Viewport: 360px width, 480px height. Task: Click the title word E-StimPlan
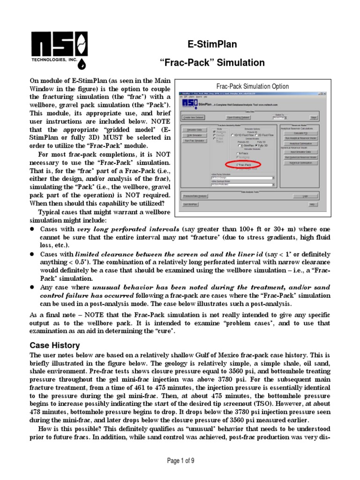pyautogui.click(x=212, y=45)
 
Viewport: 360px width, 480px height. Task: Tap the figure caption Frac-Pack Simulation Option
pyautogui.click(x=252, y=86)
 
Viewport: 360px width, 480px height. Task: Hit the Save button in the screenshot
pyautogui.click(x=314, y=118)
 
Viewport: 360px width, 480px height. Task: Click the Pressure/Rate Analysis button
pyautogui.click(x=195, y=196)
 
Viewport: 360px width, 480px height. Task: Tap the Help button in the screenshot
pyautogui.click(x=312, y=204)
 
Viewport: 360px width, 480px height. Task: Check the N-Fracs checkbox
pyautogui.click(x=238, y=153)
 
